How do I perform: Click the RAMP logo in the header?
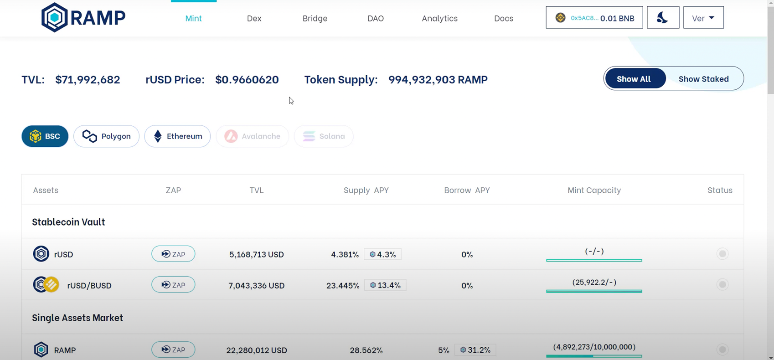point(83,18)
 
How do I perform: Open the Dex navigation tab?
point(254,18)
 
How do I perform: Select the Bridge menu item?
point(315,18)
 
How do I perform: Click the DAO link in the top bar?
point(375,18)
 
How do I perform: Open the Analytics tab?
point(439,18)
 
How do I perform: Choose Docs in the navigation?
point(503,18)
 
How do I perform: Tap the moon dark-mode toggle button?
point(663,18)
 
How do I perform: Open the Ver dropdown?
point(703,18)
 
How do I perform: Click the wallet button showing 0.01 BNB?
point(594,18)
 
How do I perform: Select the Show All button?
point(634,79)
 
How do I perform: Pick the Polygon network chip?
point(106,136)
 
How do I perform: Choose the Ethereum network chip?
point(177,136)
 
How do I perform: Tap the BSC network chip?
point(45,136)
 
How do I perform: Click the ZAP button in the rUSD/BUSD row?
point(173,285)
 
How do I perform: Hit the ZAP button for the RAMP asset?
point(173,350)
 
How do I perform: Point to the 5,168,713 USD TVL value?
point(256,254)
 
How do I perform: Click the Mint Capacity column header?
point(594,190)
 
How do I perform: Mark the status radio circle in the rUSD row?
point(722,254)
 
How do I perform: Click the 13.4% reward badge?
point(385,285)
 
